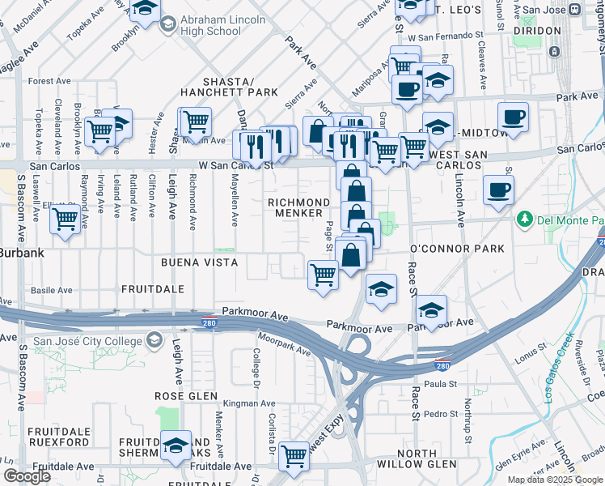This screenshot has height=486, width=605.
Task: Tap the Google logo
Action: tap(27, 476)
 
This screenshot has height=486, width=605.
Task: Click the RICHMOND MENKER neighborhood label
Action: tap(299, 207)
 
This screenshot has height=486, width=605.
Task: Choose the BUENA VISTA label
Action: tap(199, 262)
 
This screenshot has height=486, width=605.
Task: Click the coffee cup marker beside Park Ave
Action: tap(513, 117)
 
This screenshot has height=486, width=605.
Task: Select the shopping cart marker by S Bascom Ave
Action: tap(66, 218)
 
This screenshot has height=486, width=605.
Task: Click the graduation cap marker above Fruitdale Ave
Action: tap(176, 445)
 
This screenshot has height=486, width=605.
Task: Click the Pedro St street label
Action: tap(442, 414)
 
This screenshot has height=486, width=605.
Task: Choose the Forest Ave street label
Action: tap(50, 81)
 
